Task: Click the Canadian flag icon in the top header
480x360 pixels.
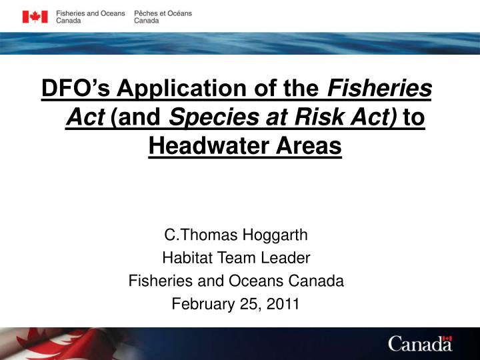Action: coord(35,17)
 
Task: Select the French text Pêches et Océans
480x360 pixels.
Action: coord(163,13)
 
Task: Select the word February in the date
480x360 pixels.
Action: coord(200,304)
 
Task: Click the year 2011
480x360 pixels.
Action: coord(284,304)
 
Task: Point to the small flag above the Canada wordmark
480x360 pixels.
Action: coord(447,339)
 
